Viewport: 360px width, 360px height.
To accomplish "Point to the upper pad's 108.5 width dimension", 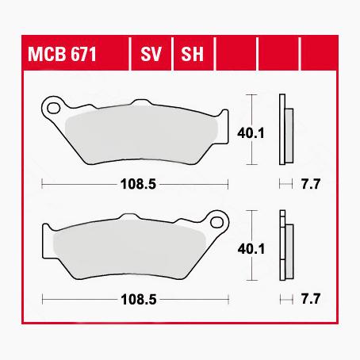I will tap(136, 183).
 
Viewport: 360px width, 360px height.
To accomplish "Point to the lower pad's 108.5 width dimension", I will tap(136, 301).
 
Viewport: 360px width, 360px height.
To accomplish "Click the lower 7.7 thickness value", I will tap(310, 301).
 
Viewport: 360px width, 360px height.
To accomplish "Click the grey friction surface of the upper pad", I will tap(143, 134).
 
